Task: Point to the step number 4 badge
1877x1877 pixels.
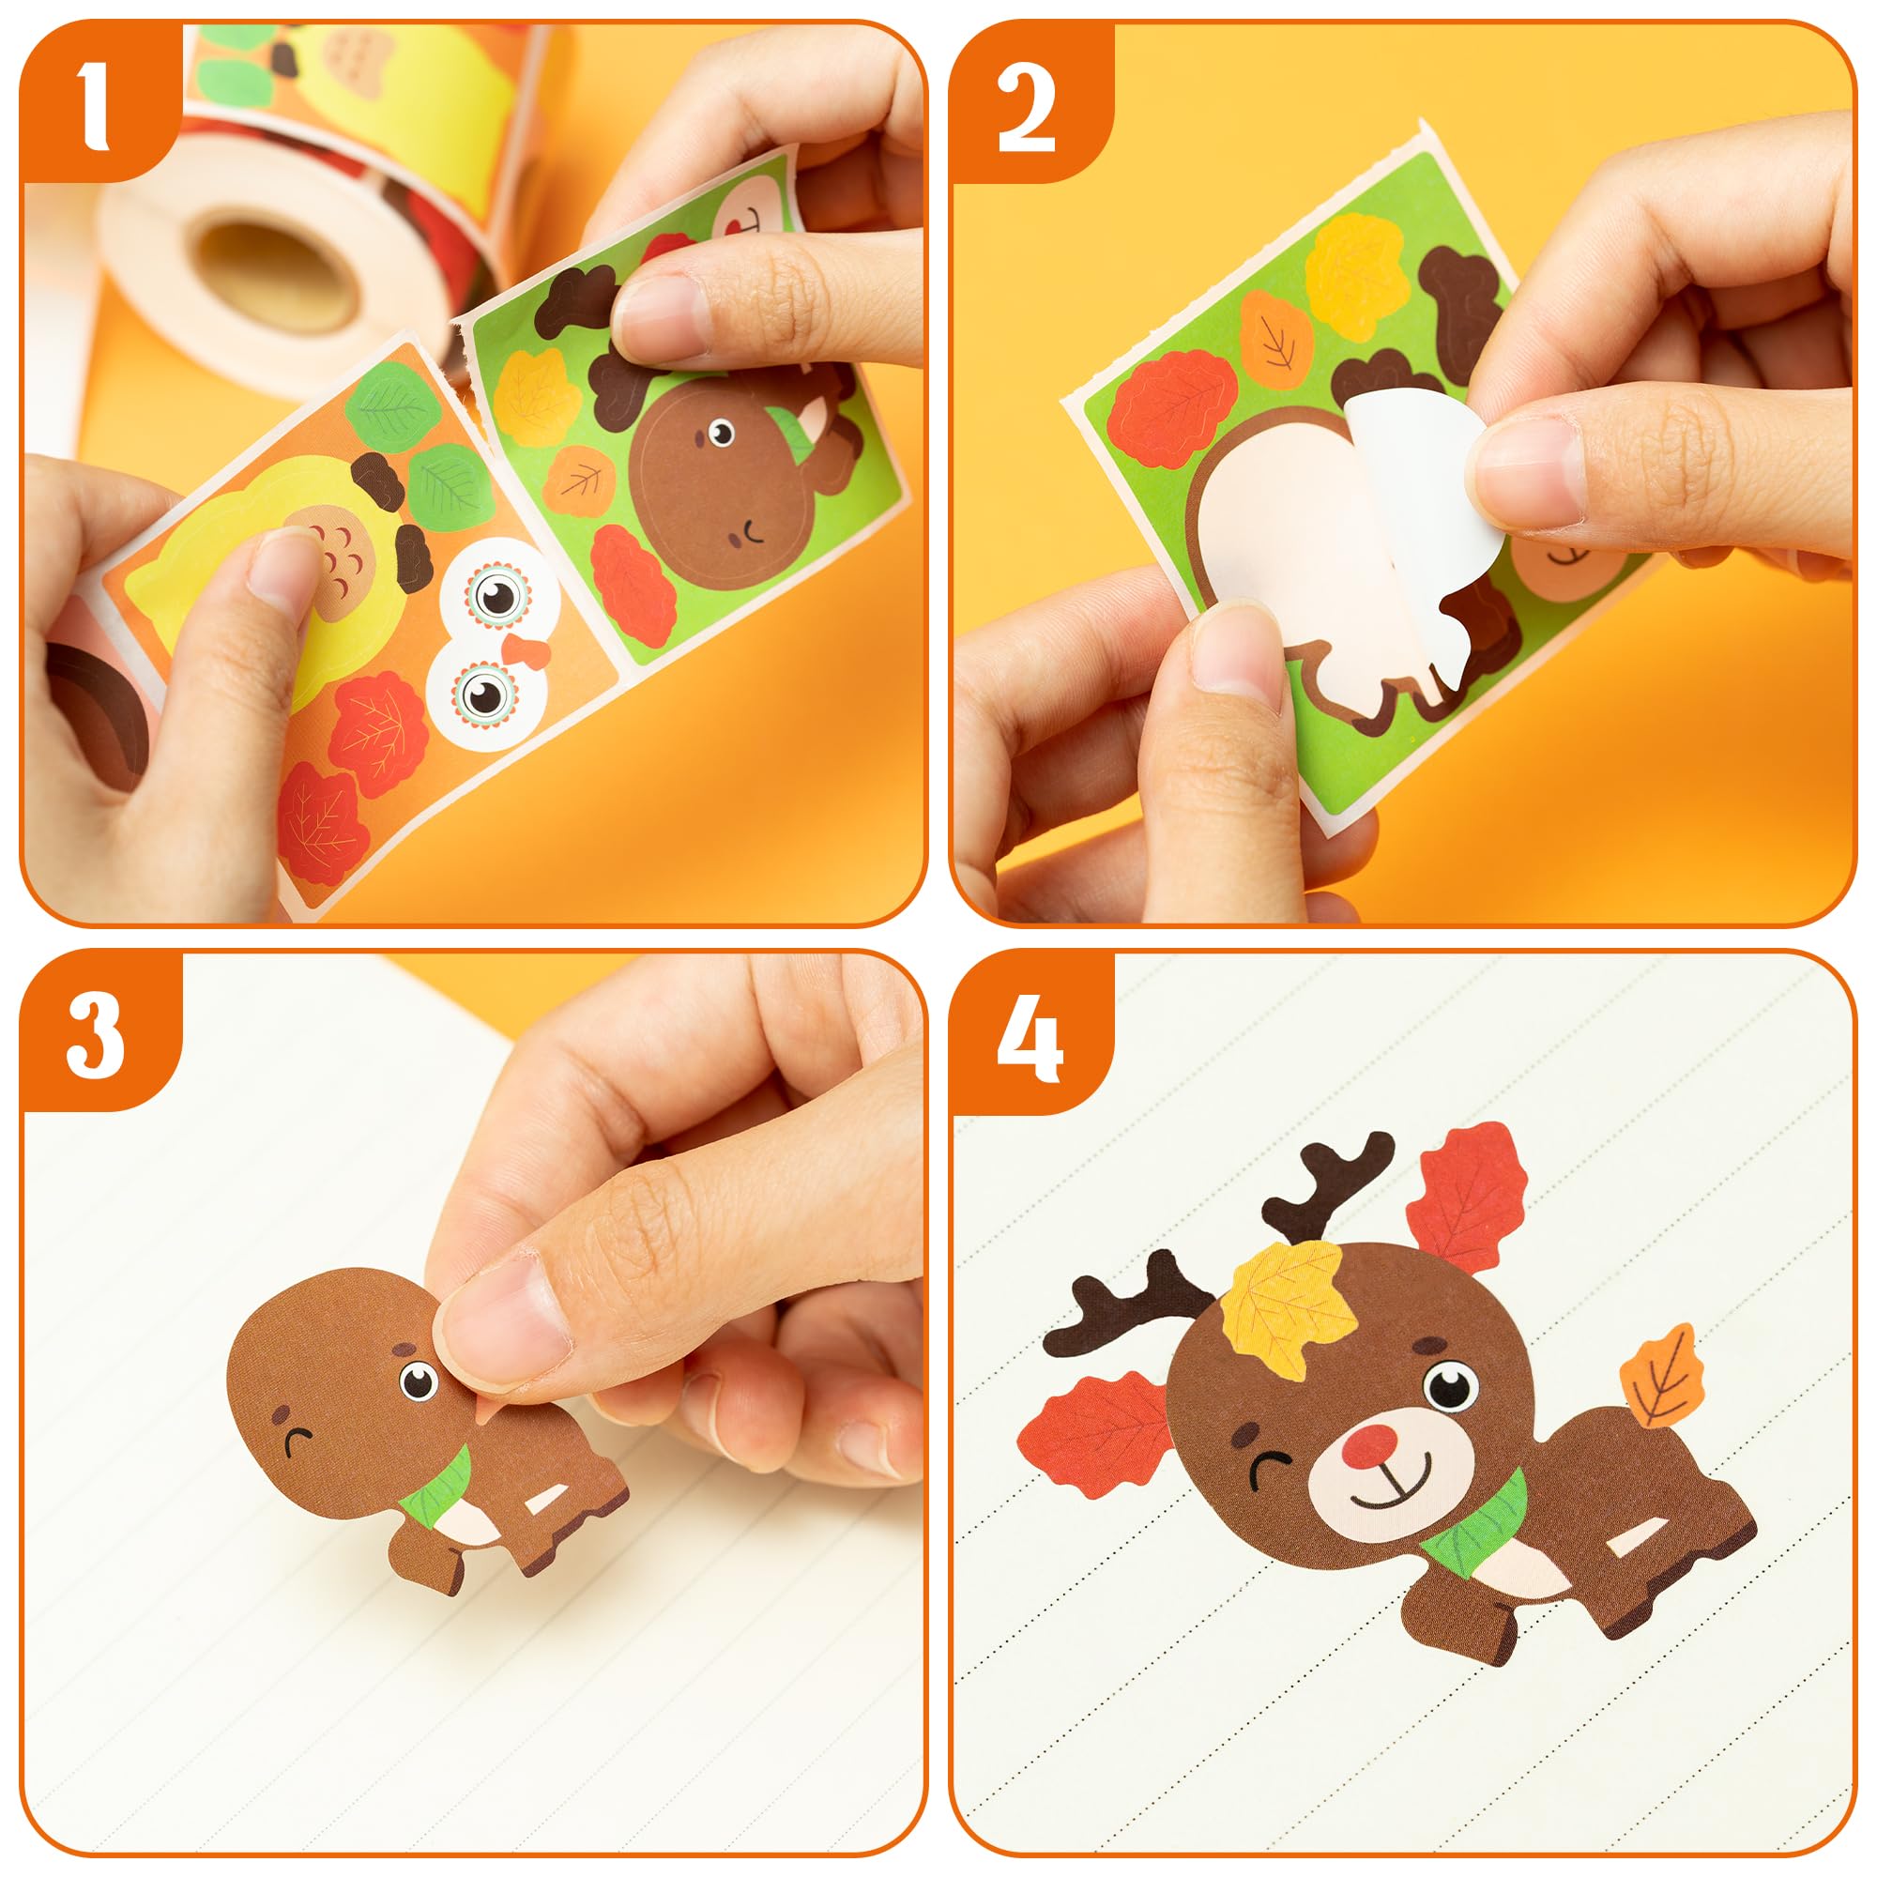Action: point(1029,1036)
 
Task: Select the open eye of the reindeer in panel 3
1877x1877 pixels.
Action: point(418,1380)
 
